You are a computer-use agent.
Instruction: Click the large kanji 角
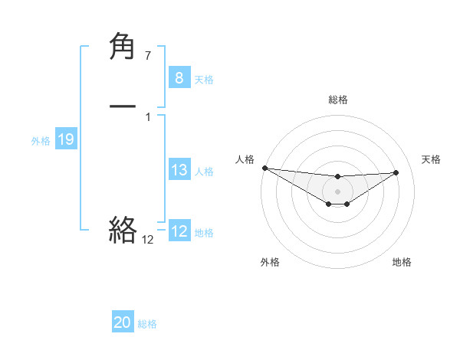pyautogui.click(x=123, y=47)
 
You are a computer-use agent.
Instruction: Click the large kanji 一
pyautogui.click(x=123, y=107)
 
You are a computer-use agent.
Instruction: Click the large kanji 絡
pyautogui.click(x=123, y=229)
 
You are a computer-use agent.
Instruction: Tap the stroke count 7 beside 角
pyautogui.click(x=147, y=57)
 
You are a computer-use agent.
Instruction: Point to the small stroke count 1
pyautogui.click(x=147, y=117)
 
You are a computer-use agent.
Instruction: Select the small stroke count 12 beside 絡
pyautogui.click(x=147, y=240)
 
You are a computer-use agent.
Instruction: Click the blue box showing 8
pyautogui.click(x=179, y=77)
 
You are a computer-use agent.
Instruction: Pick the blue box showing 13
pyautogui.click(x=179, y=170)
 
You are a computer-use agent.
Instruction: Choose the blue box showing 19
pyautogui.click(x=65, y=139)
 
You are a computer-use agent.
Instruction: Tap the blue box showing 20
pyautogui.click(x=122, y=322)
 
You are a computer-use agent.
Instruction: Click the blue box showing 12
pyautogui.click(x=179, y=231)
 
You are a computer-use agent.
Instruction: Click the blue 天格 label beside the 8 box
pyautogui.click(x=204, y=79)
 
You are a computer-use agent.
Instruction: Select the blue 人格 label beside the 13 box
pyautogui.click(x=204, y=172)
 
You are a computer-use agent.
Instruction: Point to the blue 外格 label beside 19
pyautogui.click(x=41, y=141)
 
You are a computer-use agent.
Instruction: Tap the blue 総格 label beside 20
pyautogui.click(x=147, y=324)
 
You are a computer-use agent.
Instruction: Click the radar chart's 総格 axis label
pyautogui.click(x=337, y=100)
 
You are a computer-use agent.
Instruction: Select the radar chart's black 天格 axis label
pyautogui.click(x=431, y=159)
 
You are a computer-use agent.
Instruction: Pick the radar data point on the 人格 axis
pyautogui.click(x=264, y=168)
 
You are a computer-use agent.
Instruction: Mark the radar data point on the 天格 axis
pyautogui.click(x=396, y=172)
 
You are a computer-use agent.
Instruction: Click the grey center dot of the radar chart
pyautogui.click(x=337, y=191)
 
